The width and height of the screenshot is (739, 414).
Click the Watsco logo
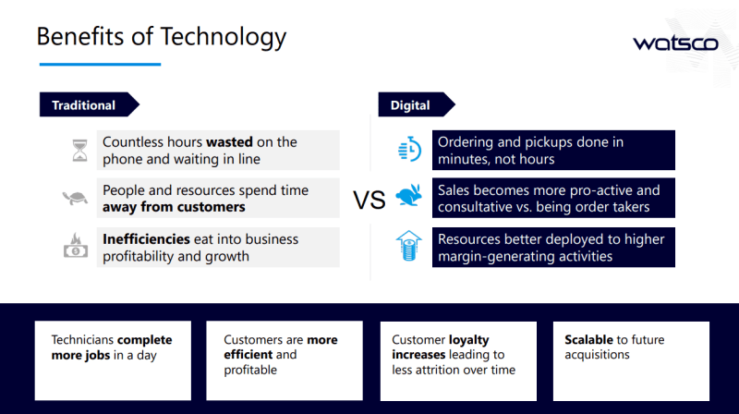(675, 43)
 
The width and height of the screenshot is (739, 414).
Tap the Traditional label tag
(90, 104)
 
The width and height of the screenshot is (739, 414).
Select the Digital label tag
(417, 104)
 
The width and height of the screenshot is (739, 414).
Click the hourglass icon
(79, 151)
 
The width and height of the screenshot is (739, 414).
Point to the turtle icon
(76, 198)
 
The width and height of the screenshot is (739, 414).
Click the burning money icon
(76, 245)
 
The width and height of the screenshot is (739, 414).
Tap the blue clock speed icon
(409, 150)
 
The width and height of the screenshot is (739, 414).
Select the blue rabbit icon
(408, 195)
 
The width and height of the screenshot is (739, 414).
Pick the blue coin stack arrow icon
(408, 246)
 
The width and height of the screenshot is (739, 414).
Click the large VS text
(369, 200)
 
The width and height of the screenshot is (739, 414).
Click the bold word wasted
(229, 142)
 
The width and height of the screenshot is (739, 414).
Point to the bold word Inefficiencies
(146, 239)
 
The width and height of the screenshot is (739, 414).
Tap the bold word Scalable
(588, 339)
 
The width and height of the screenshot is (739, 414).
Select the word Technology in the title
(224, 37)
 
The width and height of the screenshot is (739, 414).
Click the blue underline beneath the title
(101, 64)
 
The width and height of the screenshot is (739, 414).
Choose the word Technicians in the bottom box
(82, 340)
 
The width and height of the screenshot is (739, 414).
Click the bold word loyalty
(469, 340)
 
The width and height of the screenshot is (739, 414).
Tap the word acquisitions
(597, 355)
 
